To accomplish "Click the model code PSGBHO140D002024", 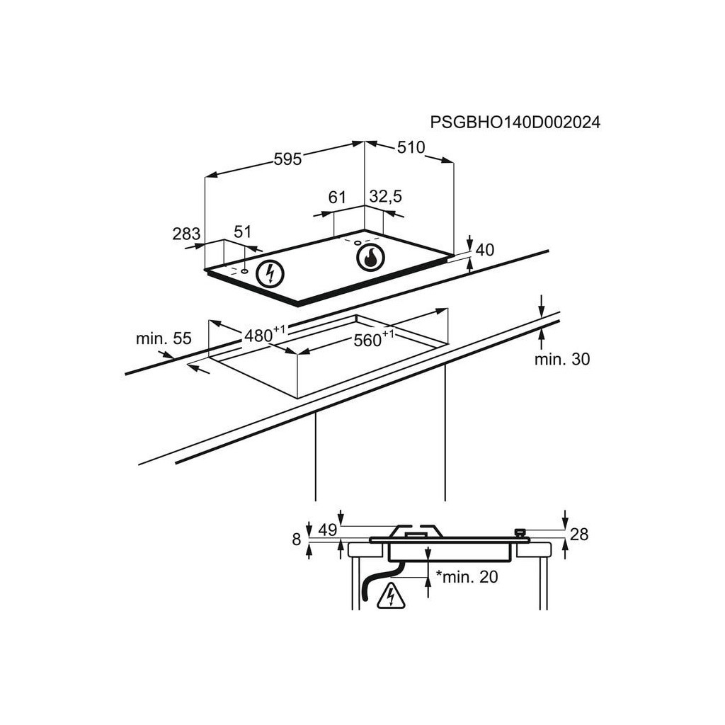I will [x=515, y=122].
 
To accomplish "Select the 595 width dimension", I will [x=287, y=159].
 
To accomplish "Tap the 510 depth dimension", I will [x=411, y=147].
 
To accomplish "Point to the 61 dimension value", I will [x=337, y=197].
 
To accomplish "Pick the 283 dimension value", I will [x=186, y=234].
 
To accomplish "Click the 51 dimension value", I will [x=243, y=232].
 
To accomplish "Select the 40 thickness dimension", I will [x=485, y=250].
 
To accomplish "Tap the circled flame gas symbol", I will [x=370, y=258].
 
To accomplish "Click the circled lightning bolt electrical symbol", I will [x=270, y=273].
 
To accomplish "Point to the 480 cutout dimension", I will [x=261, y=336].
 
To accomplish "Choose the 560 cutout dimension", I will [x=370, y=341].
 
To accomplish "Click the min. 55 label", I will [x=164, y=338].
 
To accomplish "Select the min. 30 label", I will [x=561, y=360].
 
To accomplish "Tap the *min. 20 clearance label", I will [x=467, y=577].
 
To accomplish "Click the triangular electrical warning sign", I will [x=391, y=596].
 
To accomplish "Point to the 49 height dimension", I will [x=327, y=530].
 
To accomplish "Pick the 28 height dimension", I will [x=579, y=535].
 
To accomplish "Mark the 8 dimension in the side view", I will [x=297, y=540].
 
